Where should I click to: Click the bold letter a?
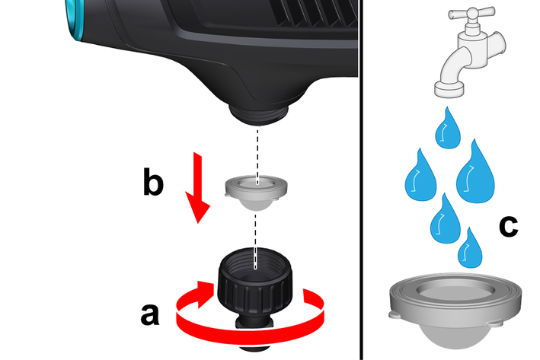coord(150,314)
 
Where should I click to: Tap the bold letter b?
coord(153,181)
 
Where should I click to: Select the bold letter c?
coord(508,226)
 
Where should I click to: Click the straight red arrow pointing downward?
coord(198,187)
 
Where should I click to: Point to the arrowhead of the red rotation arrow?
coord(205,295)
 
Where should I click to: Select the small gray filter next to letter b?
coord(256,193)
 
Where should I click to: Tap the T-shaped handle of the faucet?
coord(471,14)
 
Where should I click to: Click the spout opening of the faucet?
coord(449,89)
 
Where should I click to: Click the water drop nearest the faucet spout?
coord(448,130)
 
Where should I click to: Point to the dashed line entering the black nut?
coord(255,241)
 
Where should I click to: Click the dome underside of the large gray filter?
coord(454,336)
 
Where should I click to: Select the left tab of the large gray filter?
coord(395,314)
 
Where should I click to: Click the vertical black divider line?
coord(361,180)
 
